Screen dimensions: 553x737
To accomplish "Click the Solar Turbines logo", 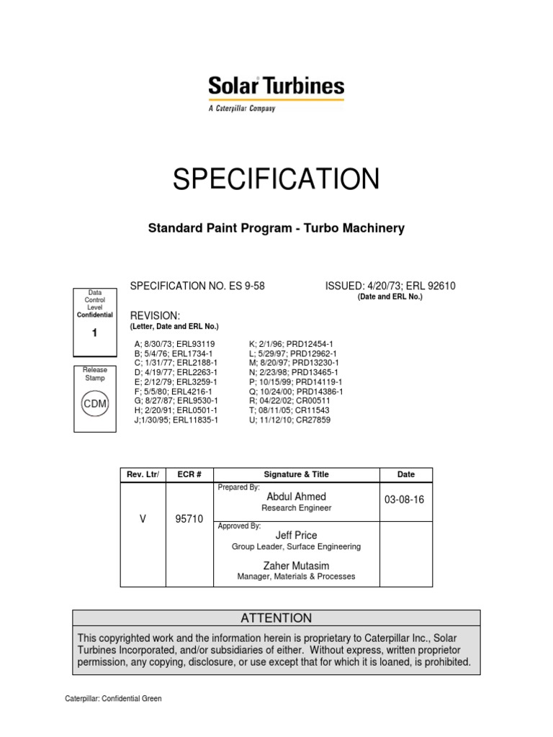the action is click(276, 93).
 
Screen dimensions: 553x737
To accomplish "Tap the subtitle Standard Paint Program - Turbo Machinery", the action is click(276, 228).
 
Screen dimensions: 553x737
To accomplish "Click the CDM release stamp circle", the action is click(95, 404).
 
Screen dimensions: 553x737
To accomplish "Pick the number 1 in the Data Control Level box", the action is click(94, 333).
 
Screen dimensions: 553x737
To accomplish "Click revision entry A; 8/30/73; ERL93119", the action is click(175, 344).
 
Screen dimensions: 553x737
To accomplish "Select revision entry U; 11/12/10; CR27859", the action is click(289, 420).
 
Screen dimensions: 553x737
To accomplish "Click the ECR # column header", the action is click(189, 474).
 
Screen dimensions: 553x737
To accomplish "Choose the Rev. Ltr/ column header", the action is click(143, 474).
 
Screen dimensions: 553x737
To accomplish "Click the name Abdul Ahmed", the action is click(296, 497).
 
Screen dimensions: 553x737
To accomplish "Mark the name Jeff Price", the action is click(296, 535).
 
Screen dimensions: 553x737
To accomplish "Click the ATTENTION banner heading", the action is click(276, 618).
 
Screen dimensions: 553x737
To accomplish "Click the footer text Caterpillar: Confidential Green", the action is click(114, 698).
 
